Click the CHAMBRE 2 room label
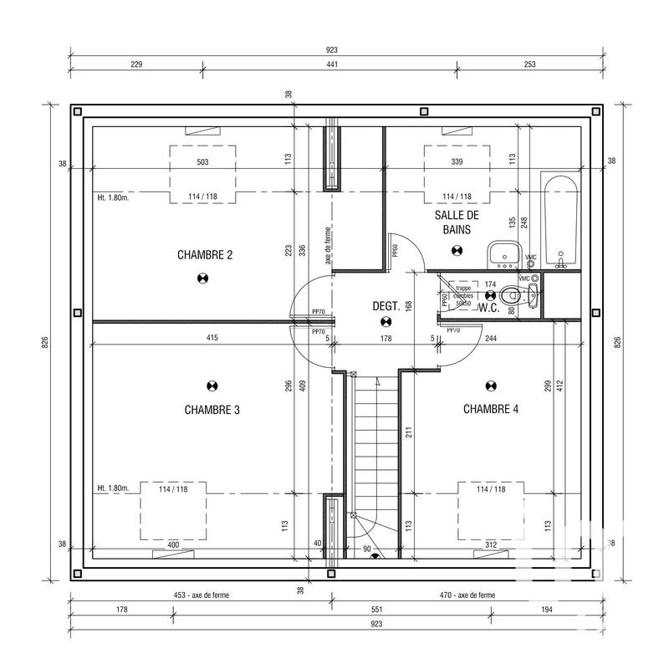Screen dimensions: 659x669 pyautogui.click(x=204, y=254)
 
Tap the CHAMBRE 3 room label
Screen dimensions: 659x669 pyautogui.click(x=212, y=410)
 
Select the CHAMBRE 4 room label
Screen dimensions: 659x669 pyautogui.click(x=491, y=409)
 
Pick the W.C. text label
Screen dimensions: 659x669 pyautogui.click(x=489, y=306)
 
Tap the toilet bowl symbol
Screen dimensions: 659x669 pyautogui.click(x=523, y=294)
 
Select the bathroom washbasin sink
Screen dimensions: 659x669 pyautogui.click(x=504, y=252)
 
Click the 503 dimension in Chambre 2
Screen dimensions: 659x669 pyautogui.click(x=202, y=161)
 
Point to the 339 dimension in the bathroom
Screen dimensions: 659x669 pyautogui.click(x=456, y=161)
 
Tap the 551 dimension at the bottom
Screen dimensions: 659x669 pyautogui.click(x=331, y=610)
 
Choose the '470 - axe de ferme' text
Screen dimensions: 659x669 pyautogui.click(x=466, y=595)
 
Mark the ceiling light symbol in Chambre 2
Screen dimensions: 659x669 pyautogui.click(x=202, y=279)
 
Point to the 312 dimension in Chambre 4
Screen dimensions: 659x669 pyautogui.click(x=491, y=545)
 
